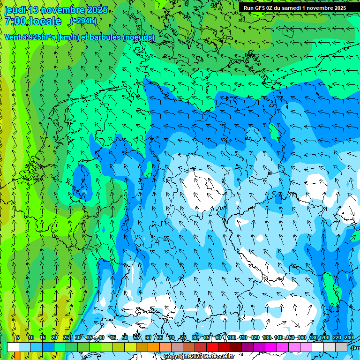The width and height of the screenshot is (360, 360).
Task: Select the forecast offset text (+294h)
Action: click(x=83, y=21)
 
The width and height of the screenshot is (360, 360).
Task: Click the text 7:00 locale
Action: click(x=33, y=21)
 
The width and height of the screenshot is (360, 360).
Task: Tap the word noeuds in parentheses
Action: click(x=139, y=37)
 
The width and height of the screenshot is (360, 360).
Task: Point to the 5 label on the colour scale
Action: click(x=18, y=337)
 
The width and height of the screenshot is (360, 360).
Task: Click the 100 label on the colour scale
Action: click(x=232, y=337)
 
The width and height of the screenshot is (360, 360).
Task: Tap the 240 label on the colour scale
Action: click(x=349, y=337)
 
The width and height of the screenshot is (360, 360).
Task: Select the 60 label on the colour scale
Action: click(x=148, y=337)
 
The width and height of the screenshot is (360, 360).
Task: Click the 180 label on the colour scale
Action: click(x=314, y=337)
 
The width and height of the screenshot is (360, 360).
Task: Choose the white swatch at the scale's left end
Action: click(x=13, y=347)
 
